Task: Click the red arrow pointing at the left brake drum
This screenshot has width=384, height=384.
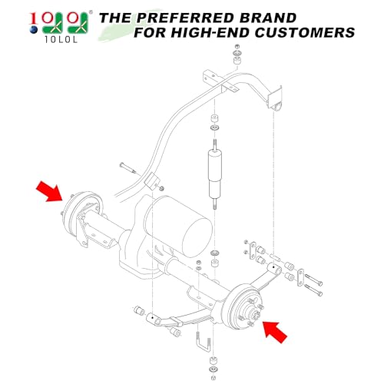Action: pyautogui.click(x=48, y=191)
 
